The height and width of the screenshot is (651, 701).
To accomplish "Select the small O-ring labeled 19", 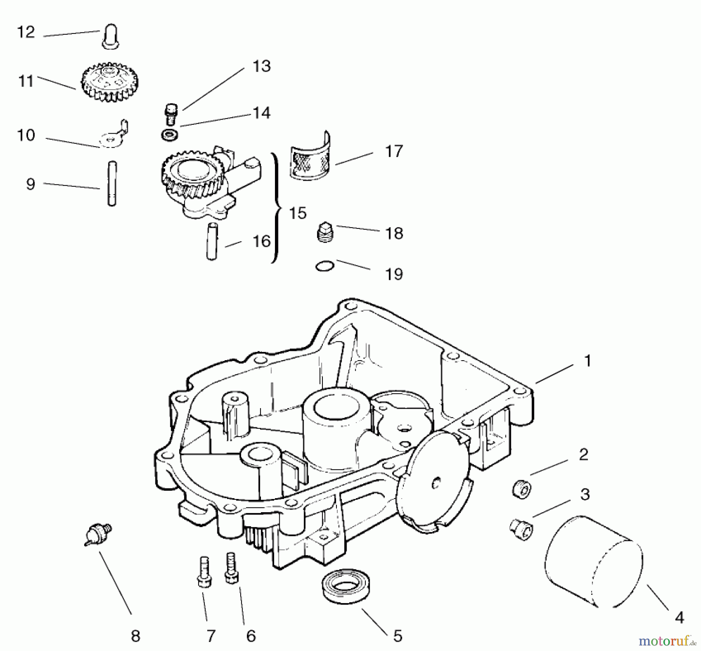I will [324, 267].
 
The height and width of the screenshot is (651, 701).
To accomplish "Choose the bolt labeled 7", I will [204, 571].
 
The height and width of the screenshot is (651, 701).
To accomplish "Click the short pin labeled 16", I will [211, 241].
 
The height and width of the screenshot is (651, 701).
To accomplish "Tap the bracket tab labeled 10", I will [113, 136].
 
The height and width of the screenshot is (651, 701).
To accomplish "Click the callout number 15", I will [298, 213].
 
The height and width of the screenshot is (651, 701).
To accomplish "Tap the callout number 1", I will [588, 361].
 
